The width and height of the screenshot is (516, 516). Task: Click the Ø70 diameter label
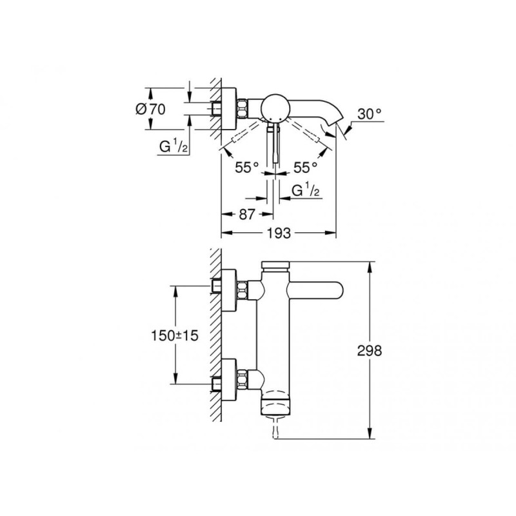150,109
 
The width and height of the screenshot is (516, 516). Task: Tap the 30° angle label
370,114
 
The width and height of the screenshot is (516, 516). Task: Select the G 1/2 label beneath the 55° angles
307,192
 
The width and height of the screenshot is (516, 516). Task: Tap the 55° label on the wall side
246,167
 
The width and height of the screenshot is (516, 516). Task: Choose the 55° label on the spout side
305,167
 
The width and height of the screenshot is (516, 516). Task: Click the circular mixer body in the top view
275,106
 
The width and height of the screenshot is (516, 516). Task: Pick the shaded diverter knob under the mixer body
276,408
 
